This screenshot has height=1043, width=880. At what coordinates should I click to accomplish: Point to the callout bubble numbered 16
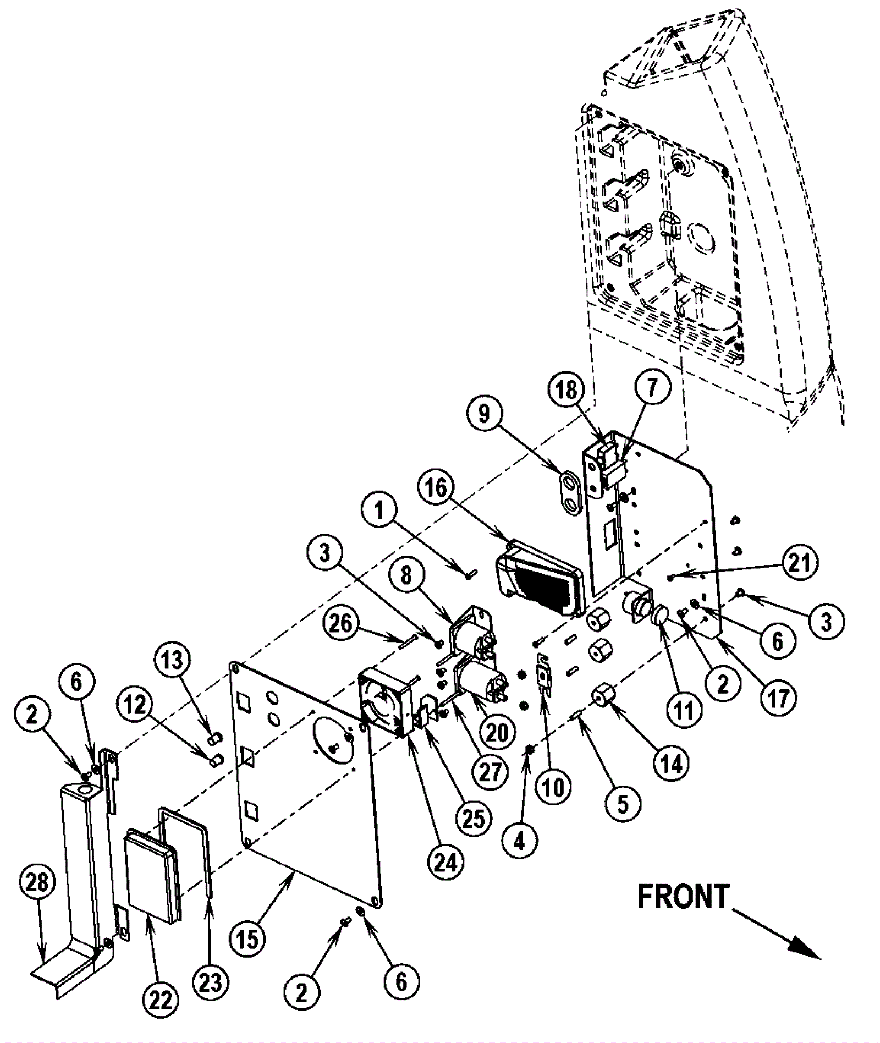(437, 488)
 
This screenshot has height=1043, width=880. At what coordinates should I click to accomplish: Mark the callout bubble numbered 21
(799, 563)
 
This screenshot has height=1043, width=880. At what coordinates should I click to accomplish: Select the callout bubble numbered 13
(172, 660)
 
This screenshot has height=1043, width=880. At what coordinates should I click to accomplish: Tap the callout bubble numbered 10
(554, 787)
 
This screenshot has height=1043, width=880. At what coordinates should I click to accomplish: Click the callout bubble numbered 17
(778, 697)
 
